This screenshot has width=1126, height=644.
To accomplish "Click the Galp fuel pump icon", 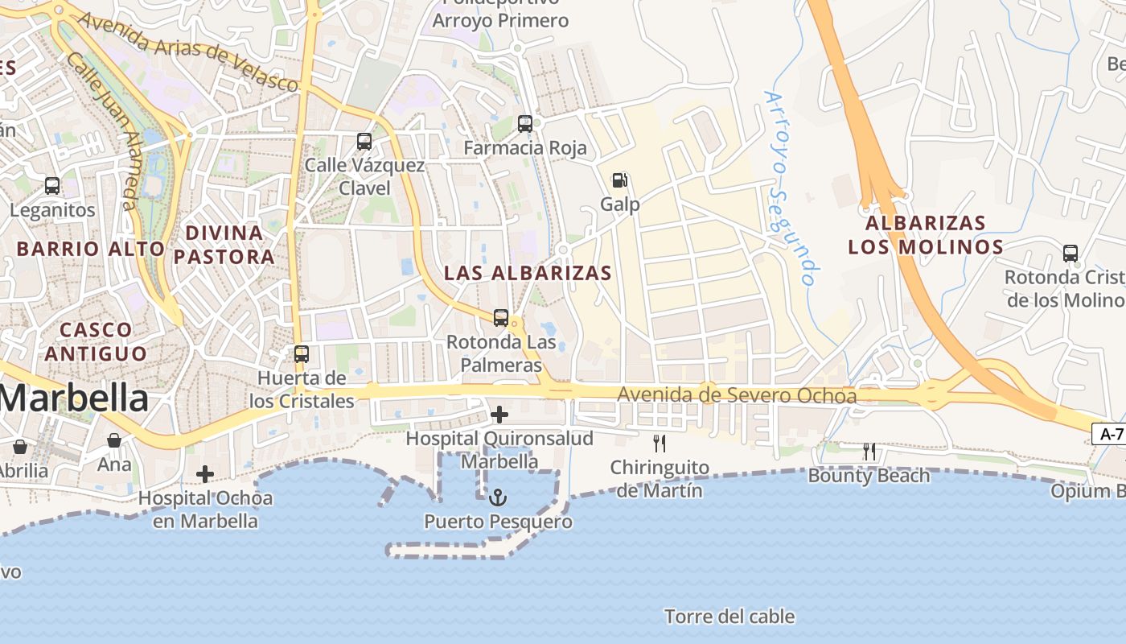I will pyautogui.click(x=619, y=180).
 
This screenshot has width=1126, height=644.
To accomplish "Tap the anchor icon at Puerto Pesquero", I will pyautogui.click(x=499, y=497).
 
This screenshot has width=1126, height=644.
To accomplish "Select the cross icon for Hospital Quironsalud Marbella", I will pyautogui.click(x=499, y=415).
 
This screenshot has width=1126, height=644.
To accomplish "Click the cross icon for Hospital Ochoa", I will pyautogui.click(x=205, y=474).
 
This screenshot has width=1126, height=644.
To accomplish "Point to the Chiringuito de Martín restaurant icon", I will pyautogui.click(x=660, y=443).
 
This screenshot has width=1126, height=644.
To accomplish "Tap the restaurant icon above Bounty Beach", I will pyautogui.click(x=869, y=452).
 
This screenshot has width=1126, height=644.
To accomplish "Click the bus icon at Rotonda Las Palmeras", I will pyautogui.click(x=501, y=317).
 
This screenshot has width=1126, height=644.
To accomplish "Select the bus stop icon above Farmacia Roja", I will pyautogui.click(x=525, y=123).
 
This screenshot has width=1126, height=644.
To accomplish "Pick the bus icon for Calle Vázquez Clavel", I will pyautogui.click(x=364, y=142).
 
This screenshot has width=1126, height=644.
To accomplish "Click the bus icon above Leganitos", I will pyautogui.click(x=52, y=186).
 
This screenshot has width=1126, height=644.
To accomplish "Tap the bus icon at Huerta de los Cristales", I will pyautogui.click(x=302, y=353).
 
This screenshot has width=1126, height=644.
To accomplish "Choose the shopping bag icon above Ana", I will pyautogui.click(x=114, y=440).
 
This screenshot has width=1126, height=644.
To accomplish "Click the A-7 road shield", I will pyautogui.click(x=1111, y=434).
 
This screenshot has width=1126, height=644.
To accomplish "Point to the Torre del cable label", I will pyautogui.click(x=729, y=617).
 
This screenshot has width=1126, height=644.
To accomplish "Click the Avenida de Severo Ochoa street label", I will pyautogui.click(x=737, y=395).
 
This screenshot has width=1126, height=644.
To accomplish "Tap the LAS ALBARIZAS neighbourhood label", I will pyautogui.click(x=528, y=273).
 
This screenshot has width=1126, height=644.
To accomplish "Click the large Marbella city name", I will pyautogui.click(x=74, y=398).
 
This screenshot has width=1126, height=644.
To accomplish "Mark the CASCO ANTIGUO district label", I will pyautogui.click(x=96, y=341).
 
